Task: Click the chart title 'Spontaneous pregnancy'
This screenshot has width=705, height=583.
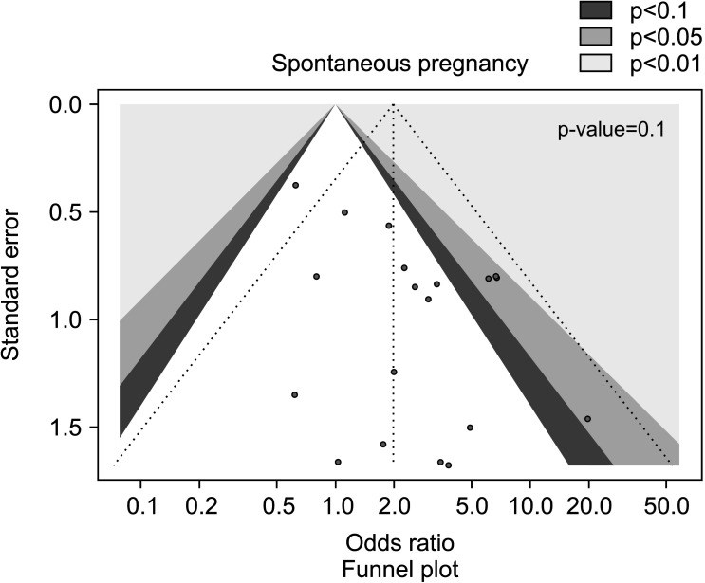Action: (399, 64)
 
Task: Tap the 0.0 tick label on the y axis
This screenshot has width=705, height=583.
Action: (63, 103)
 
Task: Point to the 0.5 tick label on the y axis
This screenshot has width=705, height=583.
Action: (63, 211)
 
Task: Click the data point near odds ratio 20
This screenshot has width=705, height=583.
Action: (588, 419)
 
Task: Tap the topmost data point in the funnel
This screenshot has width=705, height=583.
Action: (296, 185)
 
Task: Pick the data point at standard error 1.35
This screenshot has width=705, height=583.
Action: (295, 394)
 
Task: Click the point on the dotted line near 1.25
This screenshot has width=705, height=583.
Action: (394, 372)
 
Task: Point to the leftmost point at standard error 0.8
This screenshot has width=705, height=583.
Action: (316, 276)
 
